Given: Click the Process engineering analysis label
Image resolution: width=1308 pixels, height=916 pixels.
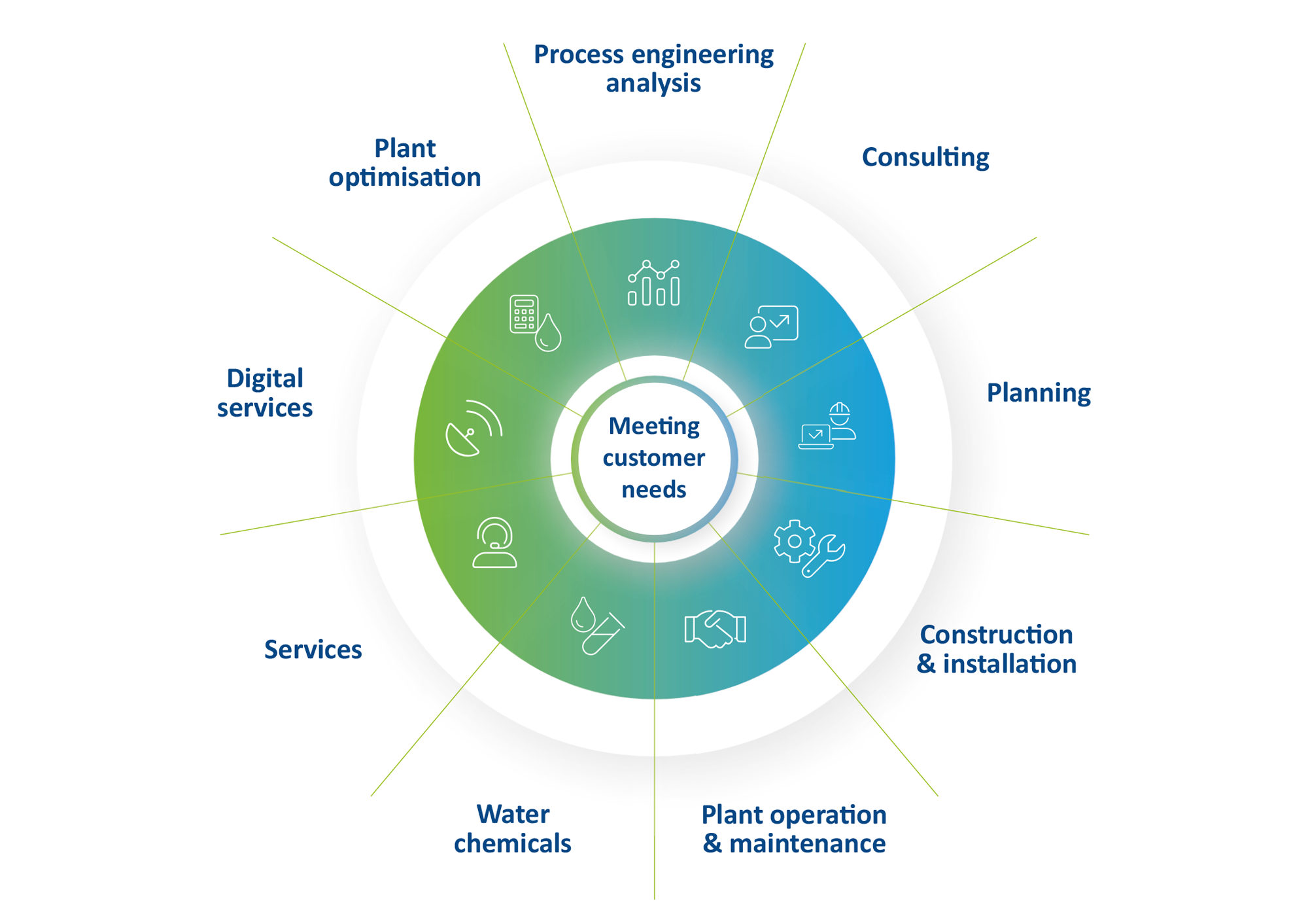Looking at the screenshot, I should point(653,69).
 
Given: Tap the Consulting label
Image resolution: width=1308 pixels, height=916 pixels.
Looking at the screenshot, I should point(925,158).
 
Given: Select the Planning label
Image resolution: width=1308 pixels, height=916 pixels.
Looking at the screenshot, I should point(1038,393).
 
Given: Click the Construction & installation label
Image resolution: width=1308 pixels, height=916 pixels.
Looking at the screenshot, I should point(996,649).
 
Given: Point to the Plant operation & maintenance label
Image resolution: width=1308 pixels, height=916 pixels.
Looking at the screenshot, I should point(793,829).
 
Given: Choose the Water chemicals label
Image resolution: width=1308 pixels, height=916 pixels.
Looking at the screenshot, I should point(513,829).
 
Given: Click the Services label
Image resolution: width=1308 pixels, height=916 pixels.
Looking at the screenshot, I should point(313,650).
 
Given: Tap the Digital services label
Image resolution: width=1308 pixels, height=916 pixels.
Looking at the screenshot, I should point(265,393).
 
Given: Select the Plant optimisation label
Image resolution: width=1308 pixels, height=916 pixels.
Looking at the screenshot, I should point(405,163).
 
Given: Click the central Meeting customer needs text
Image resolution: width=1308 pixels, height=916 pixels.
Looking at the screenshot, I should point(654,457).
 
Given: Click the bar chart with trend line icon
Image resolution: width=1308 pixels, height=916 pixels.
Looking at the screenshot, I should point(653,283).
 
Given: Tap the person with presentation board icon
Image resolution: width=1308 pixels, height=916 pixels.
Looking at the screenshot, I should point(771,326).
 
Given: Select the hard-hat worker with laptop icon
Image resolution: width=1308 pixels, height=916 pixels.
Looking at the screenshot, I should point(827,426).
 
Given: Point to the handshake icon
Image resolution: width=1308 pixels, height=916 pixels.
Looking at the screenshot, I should point(715,629).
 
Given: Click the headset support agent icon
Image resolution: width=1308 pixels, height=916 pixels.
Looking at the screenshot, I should point(494,542).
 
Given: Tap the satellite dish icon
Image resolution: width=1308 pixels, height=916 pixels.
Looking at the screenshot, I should point(473,428).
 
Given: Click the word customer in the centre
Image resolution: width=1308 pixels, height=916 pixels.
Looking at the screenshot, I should point(654,458).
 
